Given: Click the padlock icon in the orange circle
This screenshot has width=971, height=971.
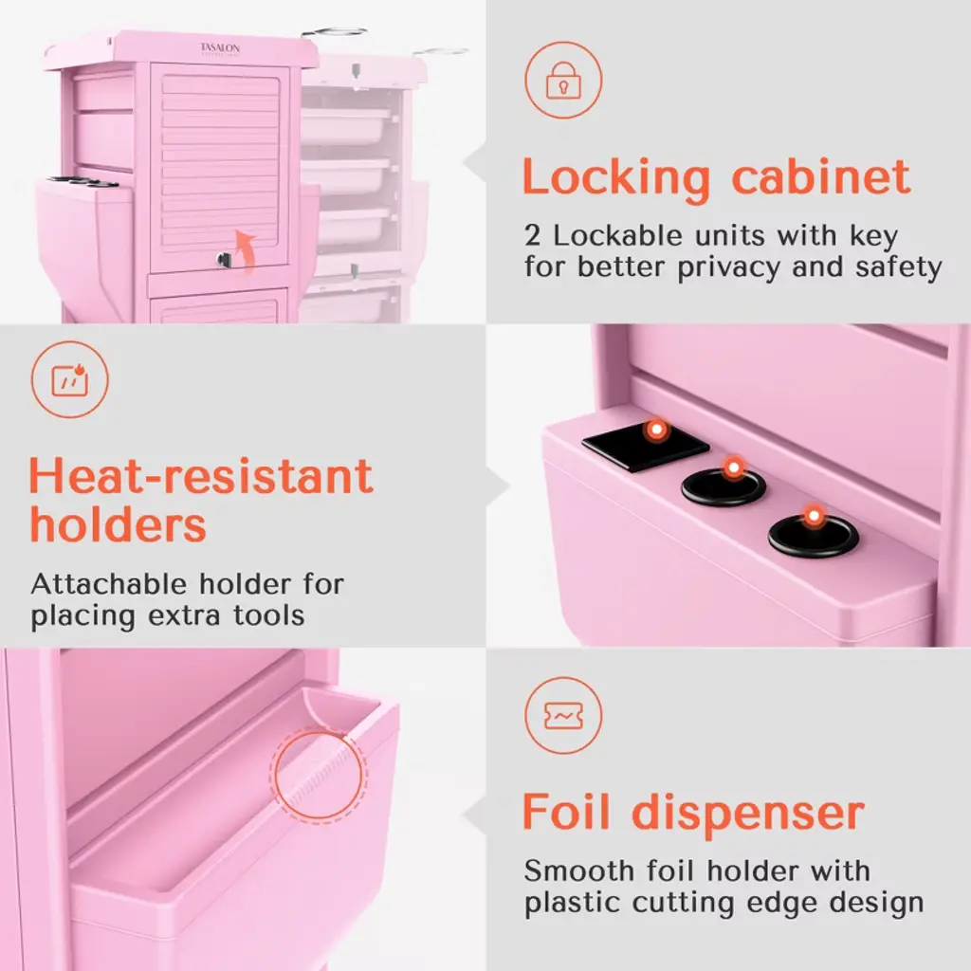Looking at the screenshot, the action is pyautogui.click(x=563, y=81).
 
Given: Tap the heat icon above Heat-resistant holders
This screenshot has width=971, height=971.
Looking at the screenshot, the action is pyautogui.click(x=69, y=379).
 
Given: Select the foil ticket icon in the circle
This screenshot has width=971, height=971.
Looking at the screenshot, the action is pyautogui.click(x=563, y=716).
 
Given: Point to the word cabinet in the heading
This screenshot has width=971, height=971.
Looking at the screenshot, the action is pyautogui.click(x=821, y=177).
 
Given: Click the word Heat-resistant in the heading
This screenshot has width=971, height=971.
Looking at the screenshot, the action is pyautogui.click(x=201, y=476).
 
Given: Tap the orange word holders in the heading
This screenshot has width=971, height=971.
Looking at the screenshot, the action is pyautogui.click(x=118, y=525).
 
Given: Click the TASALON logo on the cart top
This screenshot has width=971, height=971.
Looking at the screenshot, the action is pyautogui.click(x=220, y=49).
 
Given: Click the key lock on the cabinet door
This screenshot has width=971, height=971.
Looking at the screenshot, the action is pyautogui.click(x=224, y=260).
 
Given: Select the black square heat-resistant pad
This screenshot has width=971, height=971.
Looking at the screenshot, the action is pyautogui.click(x=646, y=446).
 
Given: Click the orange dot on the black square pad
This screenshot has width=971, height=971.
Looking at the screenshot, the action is pyautogui.click(x=656, y=429).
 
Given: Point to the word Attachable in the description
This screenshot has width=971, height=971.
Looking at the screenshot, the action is pyautogui.click(x=109, y=584).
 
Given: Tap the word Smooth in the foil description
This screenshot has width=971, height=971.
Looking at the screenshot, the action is pyautogui.click(x=579, y=870).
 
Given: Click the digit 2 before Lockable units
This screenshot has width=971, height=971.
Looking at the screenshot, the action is pyautogui.click(x=532, y=235).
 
